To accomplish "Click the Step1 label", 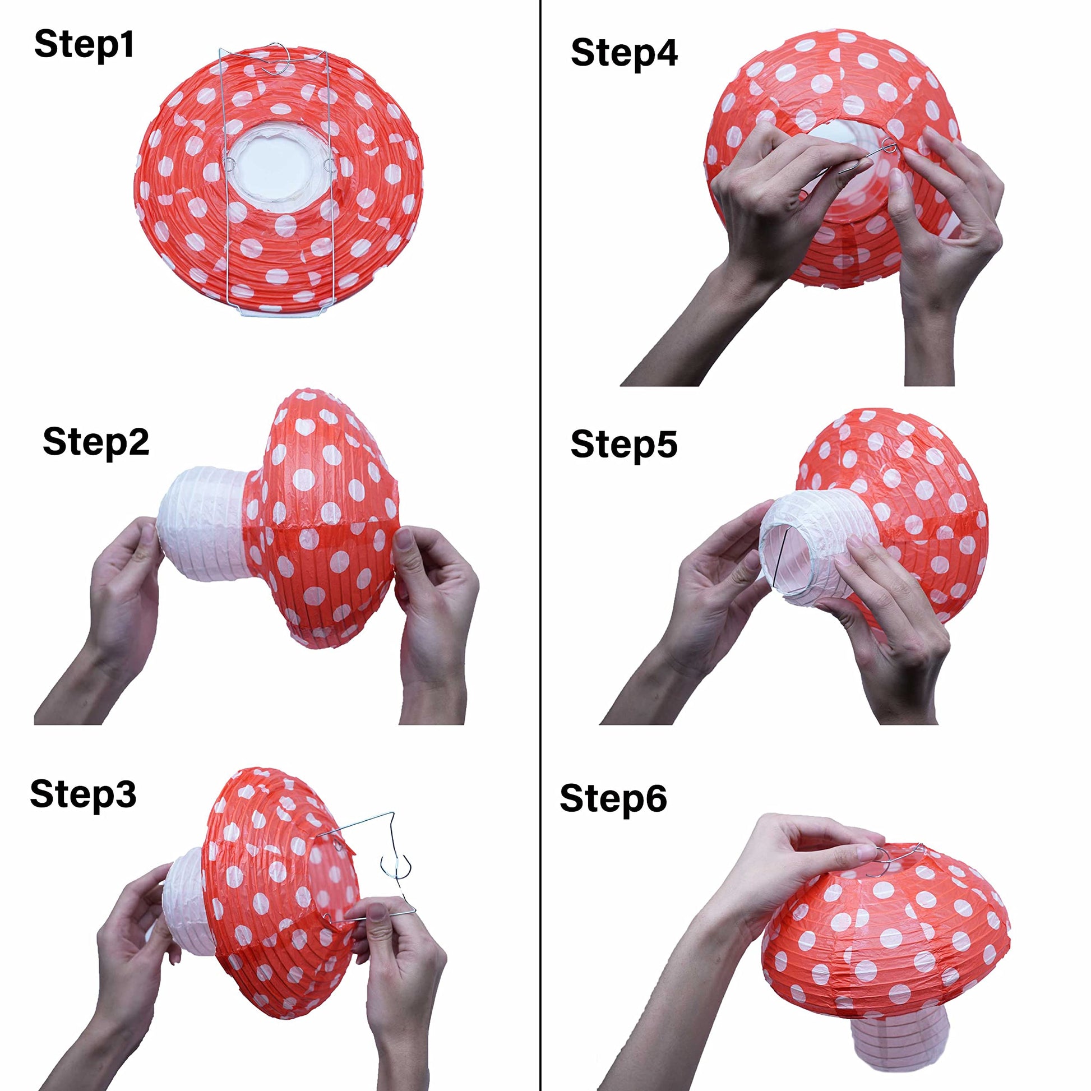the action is coord(84,45).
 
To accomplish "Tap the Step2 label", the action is coord(96,442).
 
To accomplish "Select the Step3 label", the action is coord(83,794).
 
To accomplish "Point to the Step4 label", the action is coord(624,54).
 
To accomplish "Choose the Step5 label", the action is coord(624,445).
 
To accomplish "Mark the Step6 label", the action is coord(613,798).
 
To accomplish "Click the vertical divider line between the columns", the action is coord(541,545).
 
